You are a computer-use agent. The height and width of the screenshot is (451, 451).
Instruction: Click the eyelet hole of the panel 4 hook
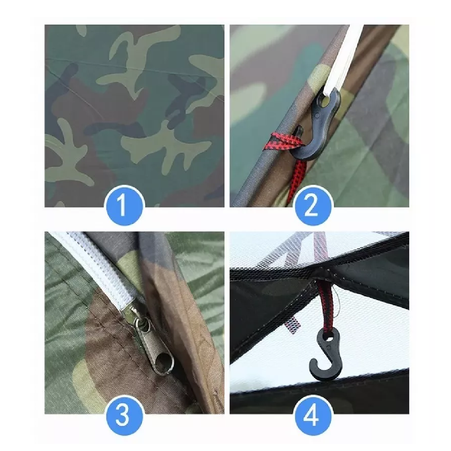[330, 339]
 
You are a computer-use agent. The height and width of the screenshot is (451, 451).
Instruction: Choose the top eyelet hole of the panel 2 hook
[325, 101]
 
